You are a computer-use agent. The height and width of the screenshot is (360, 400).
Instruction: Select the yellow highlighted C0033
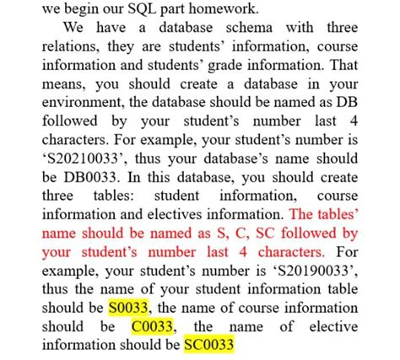(154, 325)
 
